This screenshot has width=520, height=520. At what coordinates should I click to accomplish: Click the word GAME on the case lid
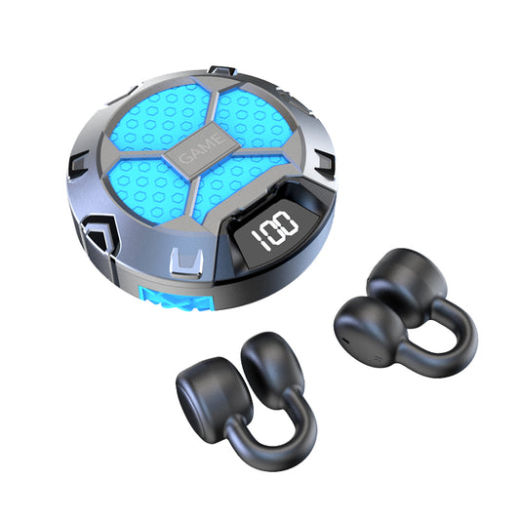click(x=201, y=148)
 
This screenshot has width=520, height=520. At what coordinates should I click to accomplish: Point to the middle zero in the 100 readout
click(x=272, y=232)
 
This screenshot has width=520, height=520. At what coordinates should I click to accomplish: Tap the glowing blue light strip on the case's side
click(x=177, y=300)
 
